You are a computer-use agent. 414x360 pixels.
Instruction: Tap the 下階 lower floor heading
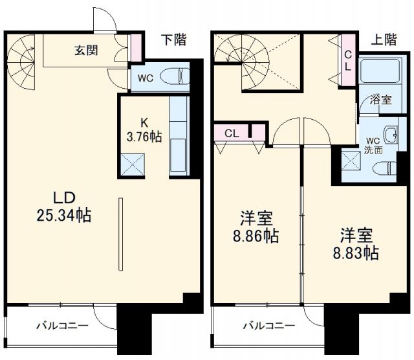click(173, 40)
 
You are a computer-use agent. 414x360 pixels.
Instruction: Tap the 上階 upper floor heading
click(384, 40)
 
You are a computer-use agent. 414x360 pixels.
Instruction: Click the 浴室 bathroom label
click(380, 100)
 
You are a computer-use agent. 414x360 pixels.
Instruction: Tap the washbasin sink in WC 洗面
click(390, 135)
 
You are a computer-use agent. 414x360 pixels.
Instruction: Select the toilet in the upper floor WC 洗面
click(385, 168)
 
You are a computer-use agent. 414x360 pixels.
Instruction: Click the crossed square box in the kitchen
click(133, 164)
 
